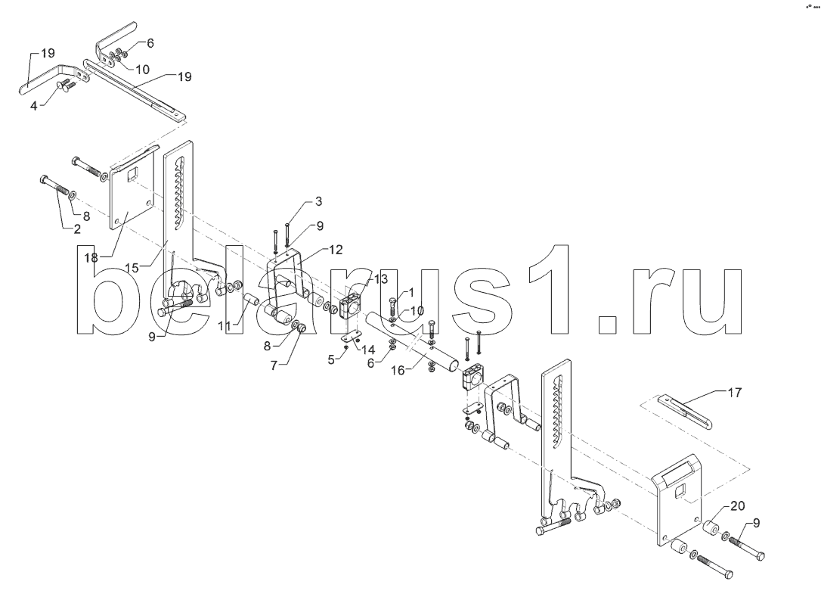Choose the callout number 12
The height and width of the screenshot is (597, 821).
pos(336,248)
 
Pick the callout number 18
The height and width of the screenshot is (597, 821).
pos(91,257)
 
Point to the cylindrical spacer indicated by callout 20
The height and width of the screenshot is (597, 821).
pos(713,527)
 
